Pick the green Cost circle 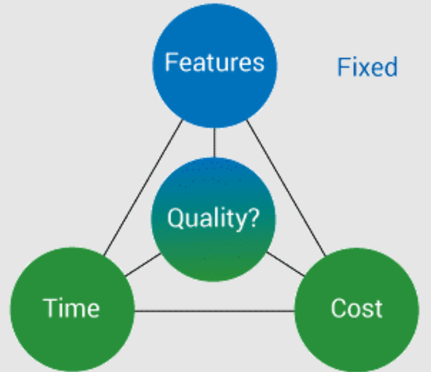(x=356, y=332)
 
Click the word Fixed (x=367, y=67)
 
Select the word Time (x=72, y=308)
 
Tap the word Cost (x=356, y=308)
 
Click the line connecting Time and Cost (x=214, y=312)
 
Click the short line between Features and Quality (x=214, y=142)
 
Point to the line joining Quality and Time (x=143, y=264)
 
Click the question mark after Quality (x=254, y=219)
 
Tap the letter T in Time (x=50, y=308)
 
